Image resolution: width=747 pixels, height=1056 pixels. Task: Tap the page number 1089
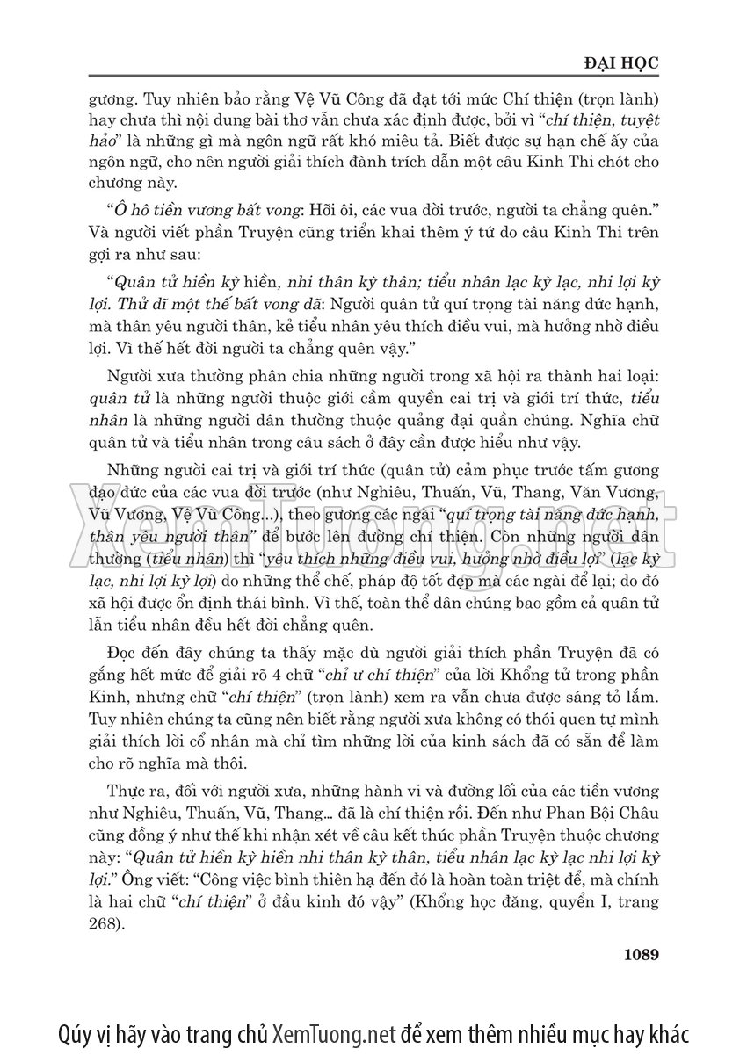click(639, 954)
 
